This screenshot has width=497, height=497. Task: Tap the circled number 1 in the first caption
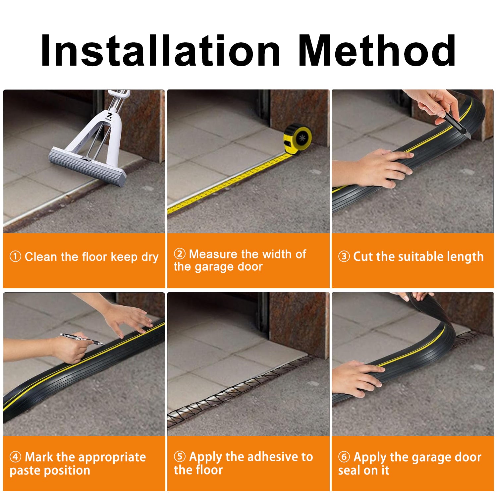(x=15, y=256)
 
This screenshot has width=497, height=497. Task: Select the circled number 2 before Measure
(x=180, y=254)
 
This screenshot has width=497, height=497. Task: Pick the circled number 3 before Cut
(x=344, y=256)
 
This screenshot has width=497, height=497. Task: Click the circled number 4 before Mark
(x=15, y=457)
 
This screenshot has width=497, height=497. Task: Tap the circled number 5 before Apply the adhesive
(x=180, y=457)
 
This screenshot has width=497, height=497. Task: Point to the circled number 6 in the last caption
(x=344, y=457)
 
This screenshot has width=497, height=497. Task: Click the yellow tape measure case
(x=298, y=138)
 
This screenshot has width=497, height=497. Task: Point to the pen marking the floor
(x=81, y=339)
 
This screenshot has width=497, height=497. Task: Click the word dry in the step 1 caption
(x=150, y=257)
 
